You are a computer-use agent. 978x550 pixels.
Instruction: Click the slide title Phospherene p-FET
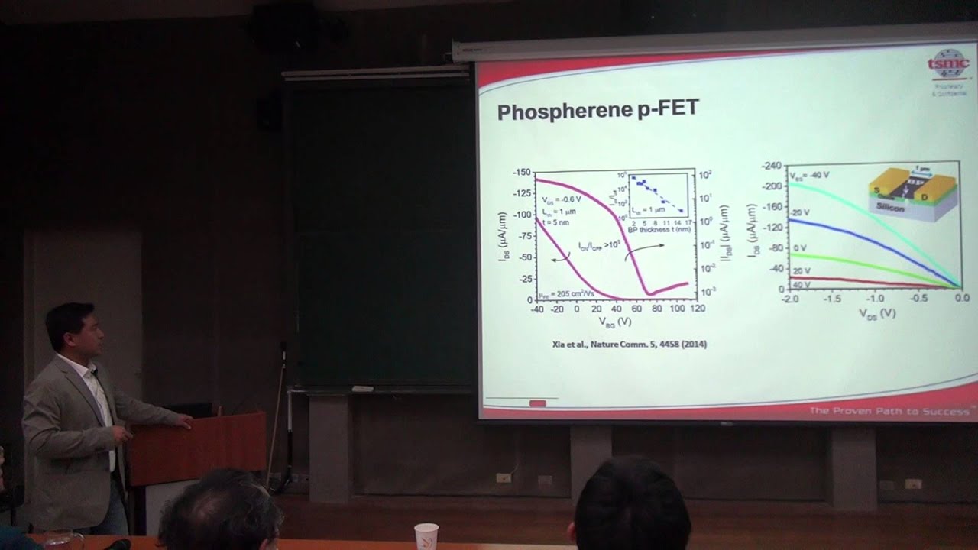(597, 110)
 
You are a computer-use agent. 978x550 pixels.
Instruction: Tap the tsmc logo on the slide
(948, 66)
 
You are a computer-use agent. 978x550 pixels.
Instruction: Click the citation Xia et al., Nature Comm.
(629, 345)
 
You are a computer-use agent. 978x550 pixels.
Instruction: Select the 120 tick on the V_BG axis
(697, 309)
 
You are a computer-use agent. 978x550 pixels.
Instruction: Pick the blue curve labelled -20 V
(856, 231)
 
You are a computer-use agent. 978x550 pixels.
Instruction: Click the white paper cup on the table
(426, 535)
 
